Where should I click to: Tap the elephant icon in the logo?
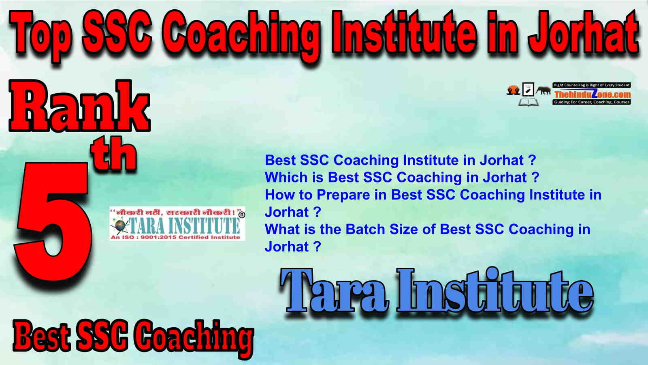click(543, 91)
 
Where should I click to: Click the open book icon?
click(528, 102)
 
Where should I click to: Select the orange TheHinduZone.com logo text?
click(592, 94)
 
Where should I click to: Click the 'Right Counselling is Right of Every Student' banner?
click(592, 85)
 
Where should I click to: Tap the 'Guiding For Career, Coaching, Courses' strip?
click(592, 102)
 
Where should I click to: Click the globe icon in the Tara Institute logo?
click(119, 225)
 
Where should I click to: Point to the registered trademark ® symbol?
click(242, 215)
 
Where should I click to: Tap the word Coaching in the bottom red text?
click(194, 338)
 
